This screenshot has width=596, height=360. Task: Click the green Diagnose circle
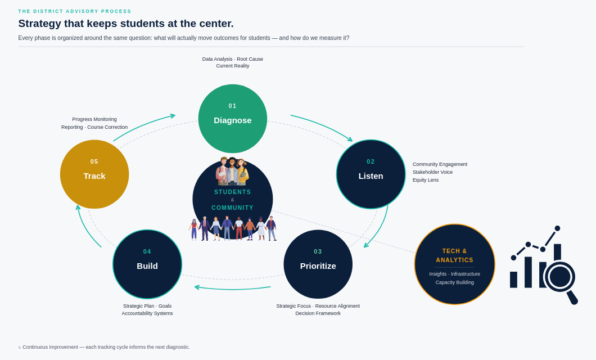[233, 119]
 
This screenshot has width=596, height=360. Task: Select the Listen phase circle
[371, 174]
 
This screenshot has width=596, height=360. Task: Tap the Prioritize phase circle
[318, 264]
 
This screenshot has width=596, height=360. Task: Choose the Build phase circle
[147, 264]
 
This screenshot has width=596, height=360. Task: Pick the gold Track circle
[94, 174]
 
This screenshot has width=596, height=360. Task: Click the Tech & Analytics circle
[455, 264]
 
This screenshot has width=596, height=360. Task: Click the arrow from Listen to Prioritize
[380, 228]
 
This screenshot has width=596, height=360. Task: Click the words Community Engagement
[440, 164]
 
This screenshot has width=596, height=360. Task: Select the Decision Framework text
[318, 313]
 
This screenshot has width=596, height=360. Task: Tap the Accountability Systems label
[147, 313]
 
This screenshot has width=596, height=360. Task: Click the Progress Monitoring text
[94, 119]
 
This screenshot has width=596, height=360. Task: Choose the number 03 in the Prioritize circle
[318, 251]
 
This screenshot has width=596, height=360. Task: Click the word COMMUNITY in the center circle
[233, 208]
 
